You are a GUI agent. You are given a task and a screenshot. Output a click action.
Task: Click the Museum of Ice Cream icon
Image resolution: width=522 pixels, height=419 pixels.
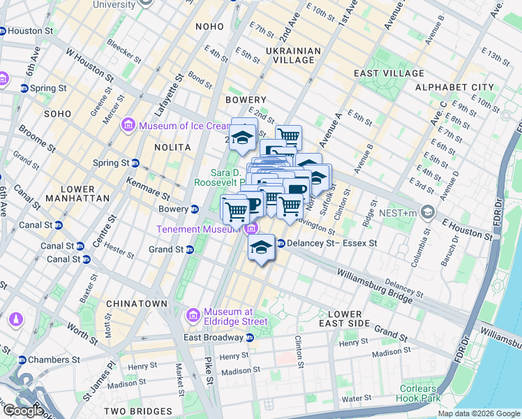coord(128,126)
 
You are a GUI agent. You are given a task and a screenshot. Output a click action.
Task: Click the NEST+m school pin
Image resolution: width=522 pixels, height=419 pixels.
coord(428,212)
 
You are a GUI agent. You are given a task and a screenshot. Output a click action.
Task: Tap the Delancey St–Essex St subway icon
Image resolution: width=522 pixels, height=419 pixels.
coord(281,244)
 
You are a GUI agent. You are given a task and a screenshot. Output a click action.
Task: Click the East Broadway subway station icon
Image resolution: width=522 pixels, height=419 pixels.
coord(249,338)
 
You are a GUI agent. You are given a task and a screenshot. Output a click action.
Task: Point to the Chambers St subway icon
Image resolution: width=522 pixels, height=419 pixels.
coord(24,360)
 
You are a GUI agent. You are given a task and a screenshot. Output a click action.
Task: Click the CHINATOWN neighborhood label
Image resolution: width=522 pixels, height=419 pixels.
coord(137,304)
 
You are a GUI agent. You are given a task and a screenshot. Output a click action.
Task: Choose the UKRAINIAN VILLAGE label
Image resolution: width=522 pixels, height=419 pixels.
coord(293,55)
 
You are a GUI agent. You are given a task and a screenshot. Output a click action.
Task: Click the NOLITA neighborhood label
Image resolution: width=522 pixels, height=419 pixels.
coord(172,147)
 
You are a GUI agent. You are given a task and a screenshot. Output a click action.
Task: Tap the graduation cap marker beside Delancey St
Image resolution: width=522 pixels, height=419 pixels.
coord(261,248)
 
